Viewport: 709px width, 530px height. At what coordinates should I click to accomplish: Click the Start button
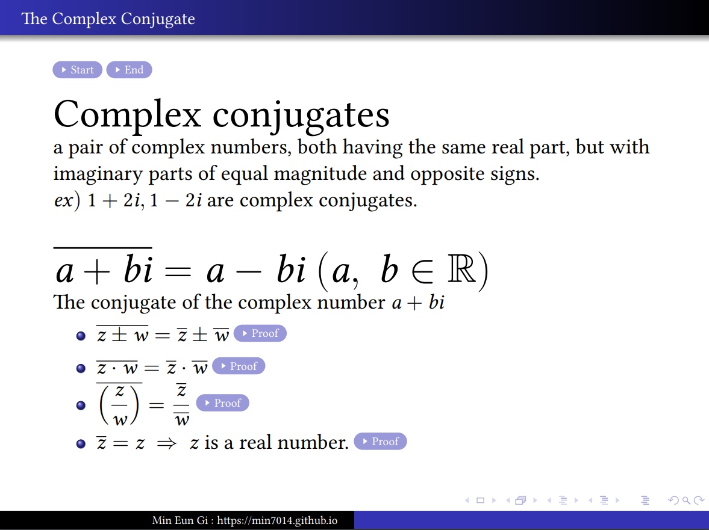pos(77,70)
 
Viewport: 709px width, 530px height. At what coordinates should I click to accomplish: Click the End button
pos(130,70)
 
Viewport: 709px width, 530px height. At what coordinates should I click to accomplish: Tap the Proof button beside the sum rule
pos(260,333)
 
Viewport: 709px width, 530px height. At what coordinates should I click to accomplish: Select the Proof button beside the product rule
pos(239,366)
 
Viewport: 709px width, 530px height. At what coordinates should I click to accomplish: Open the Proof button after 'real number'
pos(380,441)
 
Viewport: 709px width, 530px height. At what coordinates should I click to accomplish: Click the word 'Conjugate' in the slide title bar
pos(158,19)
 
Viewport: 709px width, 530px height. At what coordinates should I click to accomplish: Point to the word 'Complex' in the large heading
pos(127,114)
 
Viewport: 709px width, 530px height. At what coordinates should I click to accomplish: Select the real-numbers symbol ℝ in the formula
pos(461,269)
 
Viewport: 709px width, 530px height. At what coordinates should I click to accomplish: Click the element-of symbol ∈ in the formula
pos(422,271)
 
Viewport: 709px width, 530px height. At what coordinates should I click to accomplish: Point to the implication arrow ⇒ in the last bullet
pos(166,444)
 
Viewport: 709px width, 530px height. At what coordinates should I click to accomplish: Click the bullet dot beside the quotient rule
pos(81,405)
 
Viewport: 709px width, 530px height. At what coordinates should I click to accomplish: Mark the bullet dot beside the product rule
pos(81,368)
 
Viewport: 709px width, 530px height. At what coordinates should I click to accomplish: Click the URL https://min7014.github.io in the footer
pos(277,520)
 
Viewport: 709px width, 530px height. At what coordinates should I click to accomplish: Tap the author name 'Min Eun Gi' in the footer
pos(180,520)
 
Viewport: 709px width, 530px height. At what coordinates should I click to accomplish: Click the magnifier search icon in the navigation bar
pos(686,500)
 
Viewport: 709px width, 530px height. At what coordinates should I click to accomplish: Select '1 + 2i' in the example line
pos(115,200)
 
